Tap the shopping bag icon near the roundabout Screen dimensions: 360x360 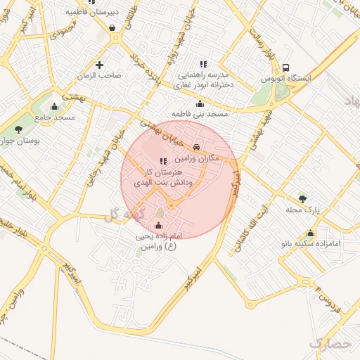click(112, 28)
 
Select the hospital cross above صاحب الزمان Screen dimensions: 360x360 click(99, 65)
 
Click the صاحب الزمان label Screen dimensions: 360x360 click(100, 75)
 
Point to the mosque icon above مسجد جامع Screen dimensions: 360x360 click(55, 106)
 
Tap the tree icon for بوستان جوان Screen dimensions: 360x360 click(18, 129)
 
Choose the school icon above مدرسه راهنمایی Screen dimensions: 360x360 click(203, 64)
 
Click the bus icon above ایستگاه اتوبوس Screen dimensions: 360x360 click(285, 67)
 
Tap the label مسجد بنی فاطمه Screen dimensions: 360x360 click(200, 113)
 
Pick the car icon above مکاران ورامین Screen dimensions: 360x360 click(196, 147)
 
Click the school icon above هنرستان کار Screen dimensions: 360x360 click(163, 161)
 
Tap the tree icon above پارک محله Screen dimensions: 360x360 click(302, 199)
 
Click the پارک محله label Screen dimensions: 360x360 click(302, 210)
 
